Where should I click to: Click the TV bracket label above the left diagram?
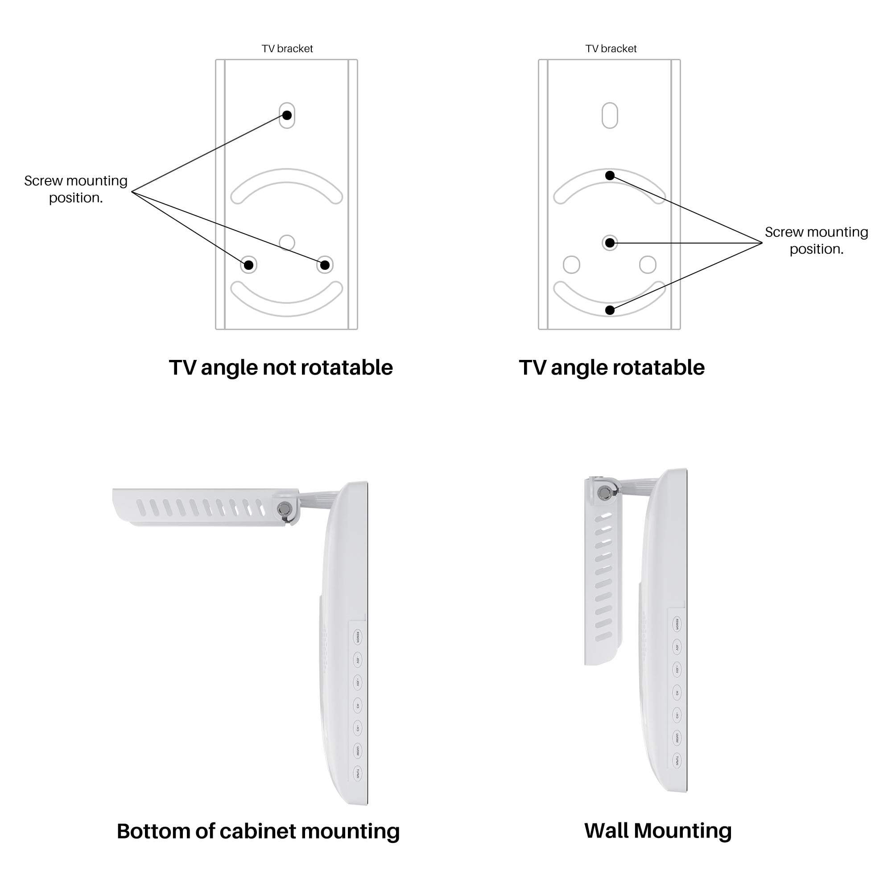coord(287,49)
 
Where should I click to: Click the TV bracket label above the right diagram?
coord(611,49)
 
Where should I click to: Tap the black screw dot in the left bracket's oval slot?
coord(287,115)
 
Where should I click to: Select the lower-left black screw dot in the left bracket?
coord(248,264)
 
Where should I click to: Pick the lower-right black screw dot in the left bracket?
coord(325,264)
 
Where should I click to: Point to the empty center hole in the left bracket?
coord(287,242)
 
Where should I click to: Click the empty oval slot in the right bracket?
coord(609,115)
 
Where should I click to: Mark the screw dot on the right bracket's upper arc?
coord(609,175)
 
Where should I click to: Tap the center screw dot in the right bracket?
coord(609,242)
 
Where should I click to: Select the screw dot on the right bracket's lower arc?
coord(609,310)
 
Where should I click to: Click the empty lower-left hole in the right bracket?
coord(571,264)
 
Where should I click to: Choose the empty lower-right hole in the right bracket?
coord(647,264)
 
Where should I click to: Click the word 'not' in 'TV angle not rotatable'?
coord(278,368)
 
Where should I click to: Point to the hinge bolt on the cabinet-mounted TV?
coord(284,509)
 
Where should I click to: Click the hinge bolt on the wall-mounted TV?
coord(603,493)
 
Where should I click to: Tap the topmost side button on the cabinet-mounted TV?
coord(357,637)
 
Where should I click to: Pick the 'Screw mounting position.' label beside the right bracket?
coord(816,240)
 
